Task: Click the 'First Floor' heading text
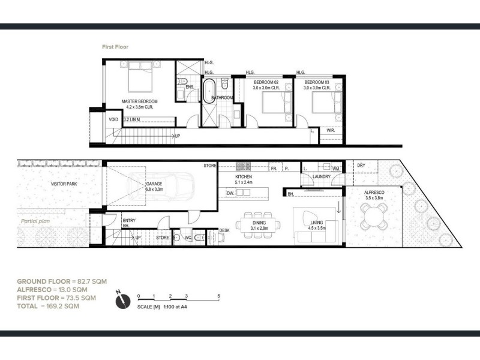pos(115,46)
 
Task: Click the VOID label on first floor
pos(113,119)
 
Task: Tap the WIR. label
pos(331,130)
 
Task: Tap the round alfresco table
pos(374,215)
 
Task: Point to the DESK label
pos(224,230)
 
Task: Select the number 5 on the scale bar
pos(220,296)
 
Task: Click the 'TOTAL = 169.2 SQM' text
pos(47,306)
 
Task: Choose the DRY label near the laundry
pos(361,165)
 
